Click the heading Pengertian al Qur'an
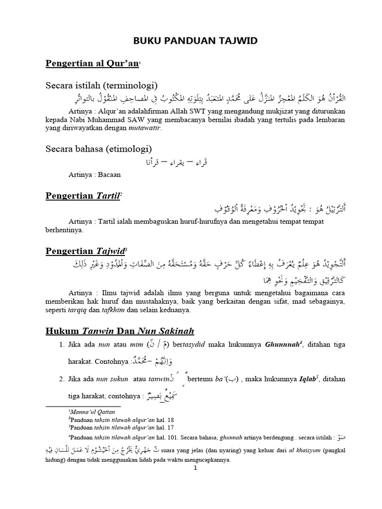(93, 64)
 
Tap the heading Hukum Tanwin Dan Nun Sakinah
(120, 331)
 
